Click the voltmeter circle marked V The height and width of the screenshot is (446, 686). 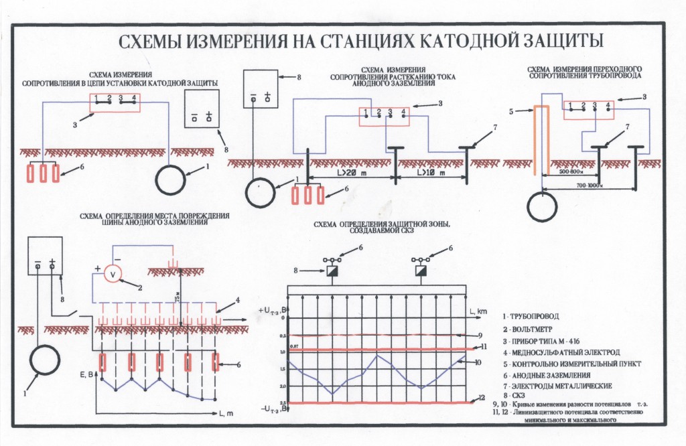coord(113,275)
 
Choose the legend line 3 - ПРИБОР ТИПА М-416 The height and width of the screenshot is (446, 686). coord(539,342)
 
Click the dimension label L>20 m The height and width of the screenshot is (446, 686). coord(348,172)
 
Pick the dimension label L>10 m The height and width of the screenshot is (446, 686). coord(430,172)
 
